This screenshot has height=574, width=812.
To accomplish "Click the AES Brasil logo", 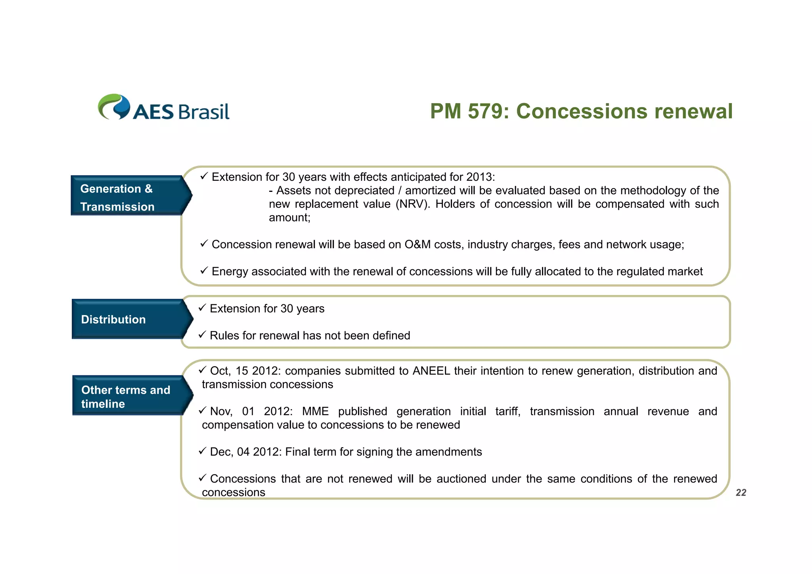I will pyautogui.click(x=163, y=107).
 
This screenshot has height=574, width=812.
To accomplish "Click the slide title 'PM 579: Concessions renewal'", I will pyautogui.click(x=581, y=111).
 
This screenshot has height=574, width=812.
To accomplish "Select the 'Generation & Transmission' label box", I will pyautogui.click(x=126, y=197).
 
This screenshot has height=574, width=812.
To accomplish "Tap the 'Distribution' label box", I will pyautogui.click(x=127, y=320).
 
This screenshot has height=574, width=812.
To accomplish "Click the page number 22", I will pyautogui.click(x=741, y=493).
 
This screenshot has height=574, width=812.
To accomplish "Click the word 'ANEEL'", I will pyautogui.click(x=431, y=371).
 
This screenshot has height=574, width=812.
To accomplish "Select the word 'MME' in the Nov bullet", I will pyautogui.click(x=315, y=411).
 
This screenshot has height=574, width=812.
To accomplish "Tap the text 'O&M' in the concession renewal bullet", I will pyautogui.click(x=417, y=245).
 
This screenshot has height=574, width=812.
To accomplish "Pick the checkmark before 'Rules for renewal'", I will pyautogui.click(x=202, y=335).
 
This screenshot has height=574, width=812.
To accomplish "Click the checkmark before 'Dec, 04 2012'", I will pyautogui.click(x=202, y=451).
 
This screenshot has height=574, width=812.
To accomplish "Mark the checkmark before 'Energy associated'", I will pyautogui.click(x=204, y=271).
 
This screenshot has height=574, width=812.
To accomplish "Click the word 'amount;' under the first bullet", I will pyautogui.click(x=289, y=218).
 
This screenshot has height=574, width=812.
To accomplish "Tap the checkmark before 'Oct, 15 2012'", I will pyautogui.click(x=202, y=370).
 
